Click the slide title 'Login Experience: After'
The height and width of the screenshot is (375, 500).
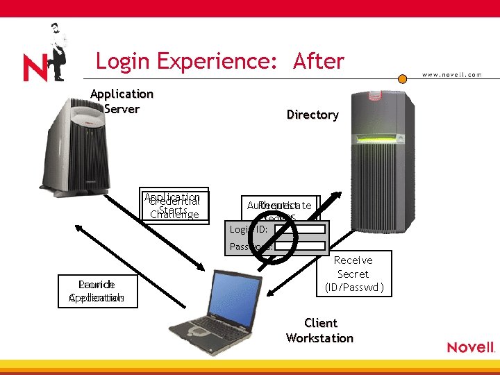pos(219,61)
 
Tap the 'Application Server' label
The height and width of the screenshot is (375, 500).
pos(122,101)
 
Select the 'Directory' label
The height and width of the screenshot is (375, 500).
pos(312,115)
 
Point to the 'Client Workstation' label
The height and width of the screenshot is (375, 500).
pos(319,331)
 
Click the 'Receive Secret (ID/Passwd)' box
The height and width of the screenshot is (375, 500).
pos(353,274)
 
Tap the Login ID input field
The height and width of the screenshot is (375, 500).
pos(299,229)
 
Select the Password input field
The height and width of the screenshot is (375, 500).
pos(299,246)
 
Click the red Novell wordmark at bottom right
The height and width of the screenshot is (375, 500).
pos(470,347)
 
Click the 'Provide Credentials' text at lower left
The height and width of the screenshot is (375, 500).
pos(97,291)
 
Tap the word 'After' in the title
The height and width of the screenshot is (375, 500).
pos(319,61)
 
